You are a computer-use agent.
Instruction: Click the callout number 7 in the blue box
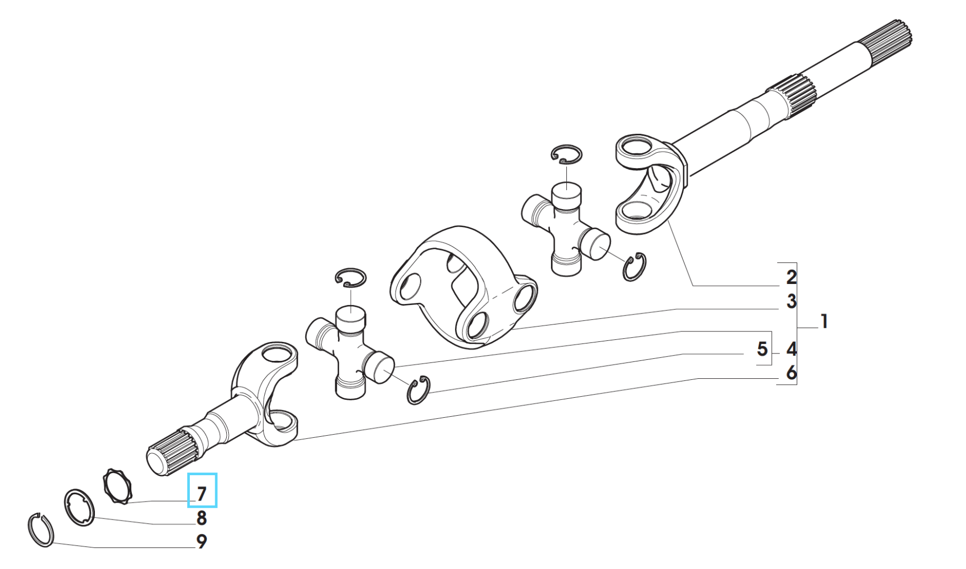pos(202,494)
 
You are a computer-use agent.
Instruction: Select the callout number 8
pos(201,518)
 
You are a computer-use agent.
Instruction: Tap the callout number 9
pos(201,542)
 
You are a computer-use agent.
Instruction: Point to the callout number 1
pos(824,321)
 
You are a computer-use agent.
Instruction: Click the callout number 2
pos(791,277)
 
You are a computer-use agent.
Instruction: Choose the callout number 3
pos(791,301)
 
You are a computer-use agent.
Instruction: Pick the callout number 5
pos(762,349)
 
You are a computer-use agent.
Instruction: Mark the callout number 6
pos(791,372)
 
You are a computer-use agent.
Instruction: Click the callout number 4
pos(791,349)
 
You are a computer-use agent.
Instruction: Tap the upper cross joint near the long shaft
pos(565,228)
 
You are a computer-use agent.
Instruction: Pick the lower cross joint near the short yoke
pos(350,352)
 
